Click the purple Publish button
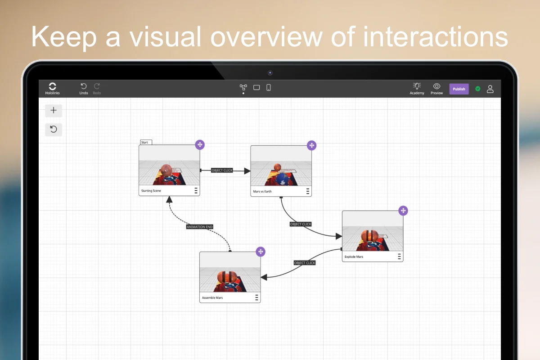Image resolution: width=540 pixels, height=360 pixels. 459,89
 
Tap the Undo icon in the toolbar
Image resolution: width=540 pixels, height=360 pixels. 84,86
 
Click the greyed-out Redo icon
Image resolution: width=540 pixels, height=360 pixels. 97,86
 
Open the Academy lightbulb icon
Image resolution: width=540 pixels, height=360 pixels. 417,86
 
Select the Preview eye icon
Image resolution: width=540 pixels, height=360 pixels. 436,86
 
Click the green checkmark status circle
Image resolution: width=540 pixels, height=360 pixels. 477,89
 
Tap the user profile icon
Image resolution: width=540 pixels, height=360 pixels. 490,89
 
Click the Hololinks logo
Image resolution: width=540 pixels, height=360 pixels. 52,86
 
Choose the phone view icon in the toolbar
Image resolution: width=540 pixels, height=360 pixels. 268,87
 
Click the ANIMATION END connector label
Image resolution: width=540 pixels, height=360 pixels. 200,227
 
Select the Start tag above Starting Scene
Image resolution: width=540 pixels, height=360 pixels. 146,142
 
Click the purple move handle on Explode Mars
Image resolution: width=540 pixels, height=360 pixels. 403,211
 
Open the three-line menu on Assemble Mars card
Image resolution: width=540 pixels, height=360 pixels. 256,297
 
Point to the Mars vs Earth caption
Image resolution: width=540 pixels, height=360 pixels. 262,191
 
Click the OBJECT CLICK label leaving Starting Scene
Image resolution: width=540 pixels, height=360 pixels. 222,170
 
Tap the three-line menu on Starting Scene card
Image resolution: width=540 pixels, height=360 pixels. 196,190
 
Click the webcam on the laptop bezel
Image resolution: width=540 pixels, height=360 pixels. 270,73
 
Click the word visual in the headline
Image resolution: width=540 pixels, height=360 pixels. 165,37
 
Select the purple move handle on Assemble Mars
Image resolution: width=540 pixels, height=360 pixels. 261,252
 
